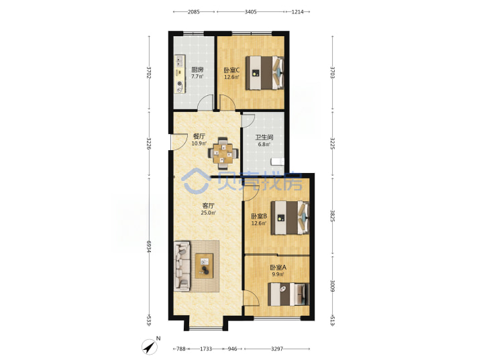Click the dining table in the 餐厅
tap(223, 154)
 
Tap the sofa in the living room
tap(182, 266)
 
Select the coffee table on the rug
tap(204, 265)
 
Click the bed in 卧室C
tap(264, 73)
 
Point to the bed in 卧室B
tap(290, 218)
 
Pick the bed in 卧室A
tap(288, 294)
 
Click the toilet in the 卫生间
tap(277, 162)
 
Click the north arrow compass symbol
tap(150, 347)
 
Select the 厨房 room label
tap(197, 70)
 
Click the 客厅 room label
tap(208, 205)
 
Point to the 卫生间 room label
tap(264, 137)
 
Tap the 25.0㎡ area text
tap(208, 213)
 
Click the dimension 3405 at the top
tap(250, 11)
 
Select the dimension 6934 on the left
tap(149, 247)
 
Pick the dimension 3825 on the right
tap(333, 217)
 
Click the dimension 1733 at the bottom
tap(206, 349)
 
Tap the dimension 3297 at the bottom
tap(277, 349)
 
